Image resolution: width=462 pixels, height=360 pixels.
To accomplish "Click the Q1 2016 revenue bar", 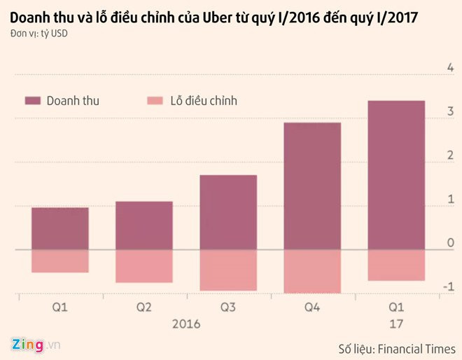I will [x=60, y=228].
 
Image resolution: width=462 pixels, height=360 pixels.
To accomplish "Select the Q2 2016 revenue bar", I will [x=143, y=226].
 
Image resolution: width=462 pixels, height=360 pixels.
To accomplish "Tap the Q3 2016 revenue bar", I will [x=228, y=212].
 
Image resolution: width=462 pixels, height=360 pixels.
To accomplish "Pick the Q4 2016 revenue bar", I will [x=312, y=186].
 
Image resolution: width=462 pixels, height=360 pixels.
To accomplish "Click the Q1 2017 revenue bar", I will [x=396, y=175].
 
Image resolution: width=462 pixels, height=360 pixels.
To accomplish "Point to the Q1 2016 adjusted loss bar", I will [x=60, y=261].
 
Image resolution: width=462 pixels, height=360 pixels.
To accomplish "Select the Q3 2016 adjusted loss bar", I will [x=228, y=270].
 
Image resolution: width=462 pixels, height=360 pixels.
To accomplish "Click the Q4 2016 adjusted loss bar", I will [x=312, y=271].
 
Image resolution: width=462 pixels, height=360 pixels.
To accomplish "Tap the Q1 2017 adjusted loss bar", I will [x=396, y=265].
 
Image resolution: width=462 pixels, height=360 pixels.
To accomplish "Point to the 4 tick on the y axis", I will [x=450, y=67].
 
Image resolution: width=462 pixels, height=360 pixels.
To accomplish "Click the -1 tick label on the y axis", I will [x=449, y=287].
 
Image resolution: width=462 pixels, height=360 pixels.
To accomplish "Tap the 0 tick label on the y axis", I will [x=450, y=243].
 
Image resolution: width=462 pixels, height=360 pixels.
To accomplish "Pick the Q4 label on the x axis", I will [x=312, y=308].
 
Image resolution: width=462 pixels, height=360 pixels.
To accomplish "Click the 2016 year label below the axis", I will [x=186, y=324].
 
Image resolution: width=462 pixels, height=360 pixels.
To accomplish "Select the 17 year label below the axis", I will [x=396, y=324].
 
